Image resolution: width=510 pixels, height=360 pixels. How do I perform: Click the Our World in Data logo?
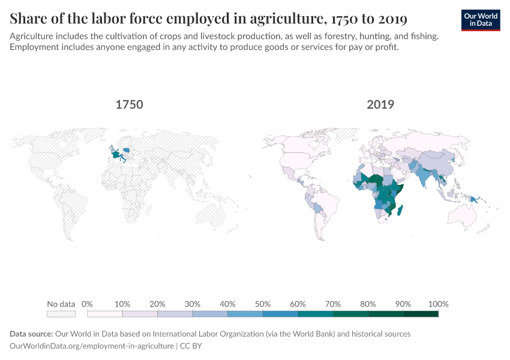pyautogui.click(x=481, y=20)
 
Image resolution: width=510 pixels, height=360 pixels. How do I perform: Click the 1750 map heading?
pyautogui.click(x=129, y=104)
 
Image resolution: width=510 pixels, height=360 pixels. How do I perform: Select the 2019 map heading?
pyautogui.click(x=380, y=104)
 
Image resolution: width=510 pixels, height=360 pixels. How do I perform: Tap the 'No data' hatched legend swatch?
pyautogui.click(x=61, y=313)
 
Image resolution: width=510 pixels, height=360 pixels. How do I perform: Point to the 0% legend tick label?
pyautogui.click(x=87, y=304)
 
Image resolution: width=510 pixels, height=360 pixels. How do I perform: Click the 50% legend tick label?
pyautogui.click(x=263, y=304)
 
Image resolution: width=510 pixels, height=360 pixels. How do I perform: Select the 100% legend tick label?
pyautogui.click(x=439, y=304)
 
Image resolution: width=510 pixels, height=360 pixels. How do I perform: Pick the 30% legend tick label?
pyautogui.click(x=193, y=304)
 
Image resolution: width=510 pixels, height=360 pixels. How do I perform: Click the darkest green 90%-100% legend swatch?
pyautogui.click(x=421, y=313)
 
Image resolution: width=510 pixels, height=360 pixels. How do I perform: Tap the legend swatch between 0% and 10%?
pyautogui.click(x=105, y=313)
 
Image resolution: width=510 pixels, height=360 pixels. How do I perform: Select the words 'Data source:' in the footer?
pyautogui.click(x=31, y=334)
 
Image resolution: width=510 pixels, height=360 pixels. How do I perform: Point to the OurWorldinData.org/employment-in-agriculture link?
pyautogui.click(x=92, y=346)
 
